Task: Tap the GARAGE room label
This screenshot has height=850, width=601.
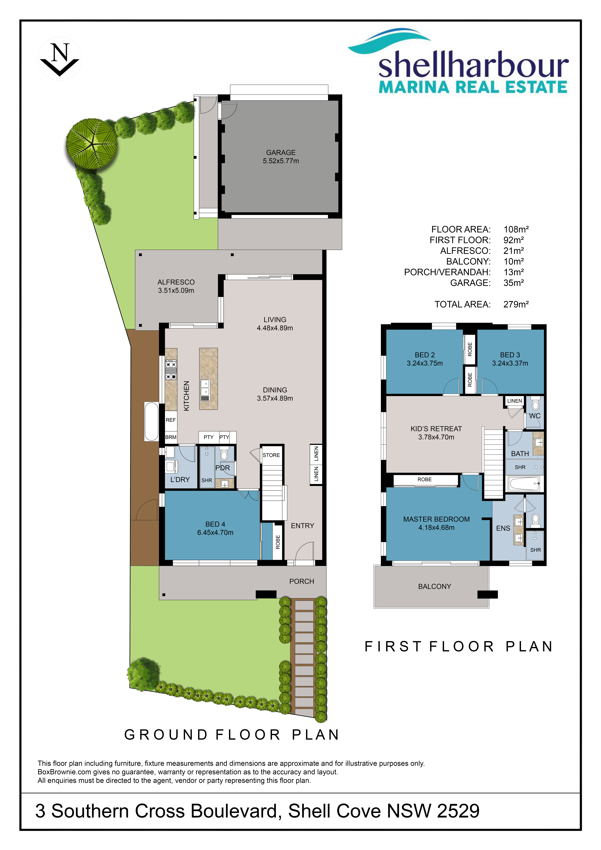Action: tap(281, 153)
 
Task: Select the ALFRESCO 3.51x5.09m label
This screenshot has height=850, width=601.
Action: tap(176, 286)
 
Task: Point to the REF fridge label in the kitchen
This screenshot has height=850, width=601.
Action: tap(171, 420)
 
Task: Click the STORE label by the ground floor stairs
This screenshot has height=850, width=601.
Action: tap(271, 455)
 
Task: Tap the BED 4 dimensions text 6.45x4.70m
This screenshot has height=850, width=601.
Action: tap(215, 532)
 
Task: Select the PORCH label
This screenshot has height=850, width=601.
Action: tap(302, 581)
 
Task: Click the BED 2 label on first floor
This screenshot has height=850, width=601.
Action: tap(425, 355)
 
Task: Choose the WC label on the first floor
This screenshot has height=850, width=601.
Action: tap(535, 416)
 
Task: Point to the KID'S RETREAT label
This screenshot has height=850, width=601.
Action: tap(436, 429)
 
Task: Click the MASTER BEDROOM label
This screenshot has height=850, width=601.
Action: tap(436, 519)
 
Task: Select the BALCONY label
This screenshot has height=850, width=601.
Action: tap(435, 586)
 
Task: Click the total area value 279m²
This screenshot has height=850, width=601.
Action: tap(516, 304)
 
